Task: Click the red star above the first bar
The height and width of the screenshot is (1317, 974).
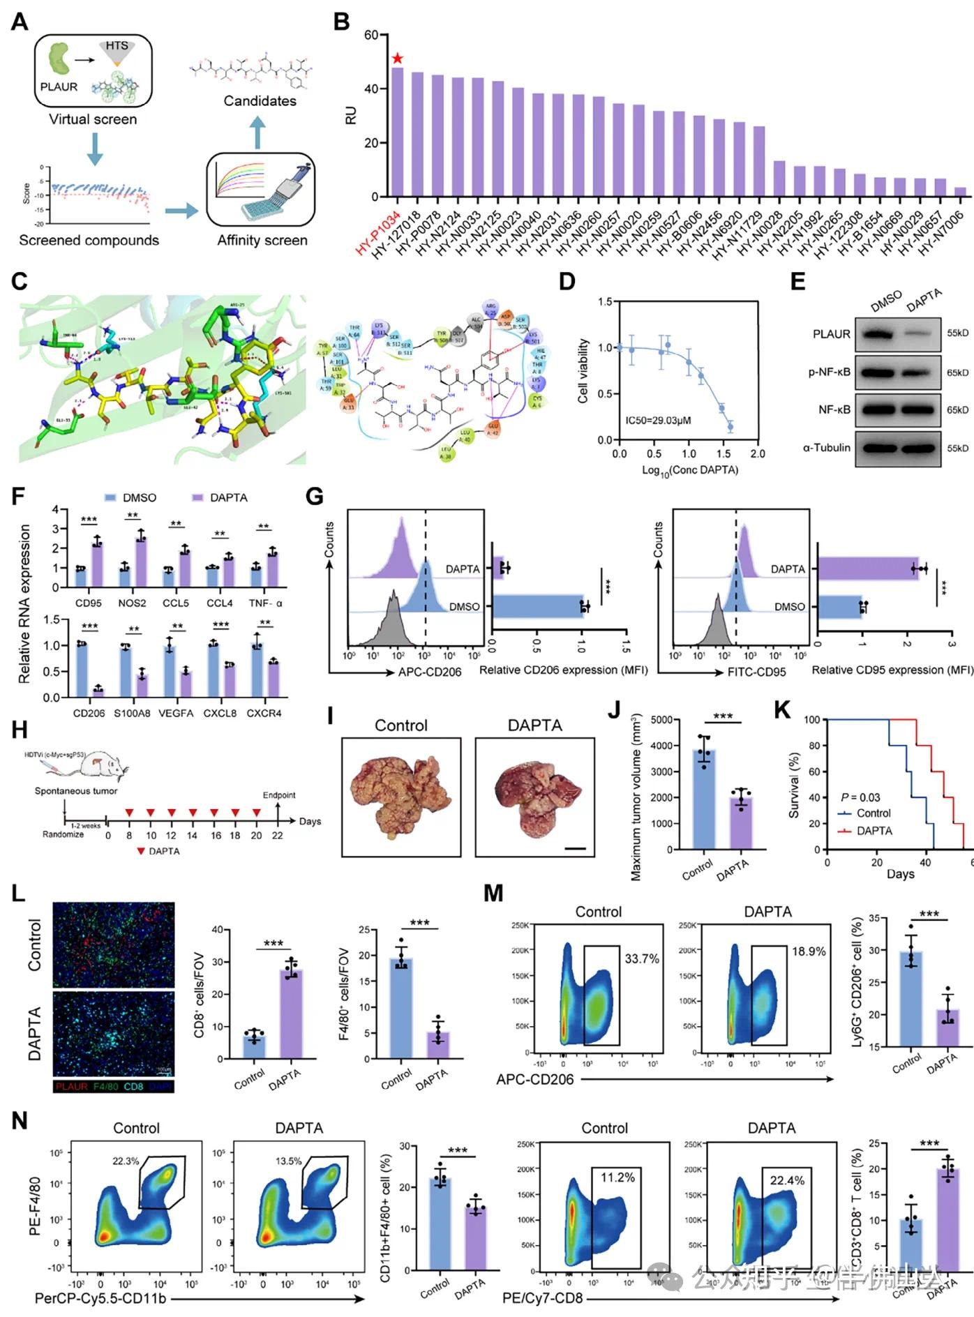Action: tap(398, 59)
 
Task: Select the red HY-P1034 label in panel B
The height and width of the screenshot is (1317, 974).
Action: tap(377, 234)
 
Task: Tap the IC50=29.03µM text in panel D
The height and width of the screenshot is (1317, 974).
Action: tap(658, 421)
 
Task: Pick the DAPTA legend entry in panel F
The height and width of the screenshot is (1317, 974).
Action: tap(220, 497)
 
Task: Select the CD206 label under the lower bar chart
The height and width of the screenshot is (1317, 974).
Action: tap(89, 713)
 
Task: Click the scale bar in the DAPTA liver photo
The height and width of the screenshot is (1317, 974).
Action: tap(575, 848)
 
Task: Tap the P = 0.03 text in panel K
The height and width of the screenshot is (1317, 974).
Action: tap(860, 797)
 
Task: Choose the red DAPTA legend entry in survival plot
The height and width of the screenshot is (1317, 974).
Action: tap(865, 831)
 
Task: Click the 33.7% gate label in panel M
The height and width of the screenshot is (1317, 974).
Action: tap(641, 959)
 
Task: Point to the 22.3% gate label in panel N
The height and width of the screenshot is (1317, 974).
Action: tap(126, 1161)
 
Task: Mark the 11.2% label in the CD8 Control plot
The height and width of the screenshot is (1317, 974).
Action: tap(617, 1177)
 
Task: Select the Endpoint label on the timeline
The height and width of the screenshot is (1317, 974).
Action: tap(278, 795)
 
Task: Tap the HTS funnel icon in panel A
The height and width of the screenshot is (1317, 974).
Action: tap(117, 51)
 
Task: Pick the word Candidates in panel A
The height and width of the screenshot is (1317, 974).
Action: tap(260, 101)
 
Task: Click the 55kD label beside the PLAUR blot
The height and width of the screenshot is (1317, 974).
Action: tap(957, 333)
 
